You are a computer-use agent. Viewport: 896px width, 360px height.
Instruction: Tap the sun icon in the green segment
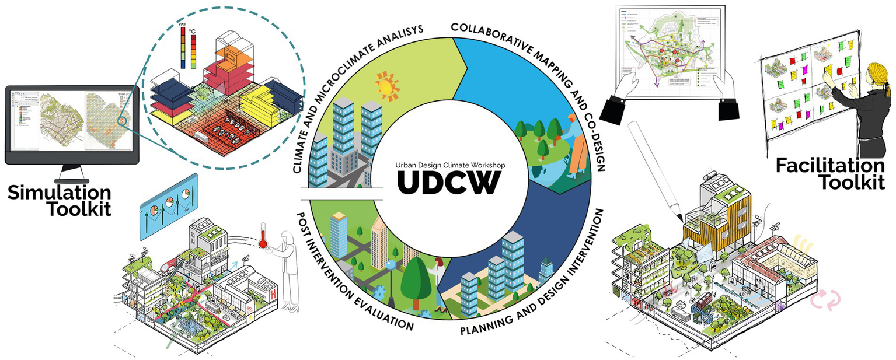tap(386, 86)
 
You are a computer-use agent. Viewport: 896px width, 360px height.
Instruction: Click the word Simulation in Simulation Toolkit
tap(59, 193)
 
